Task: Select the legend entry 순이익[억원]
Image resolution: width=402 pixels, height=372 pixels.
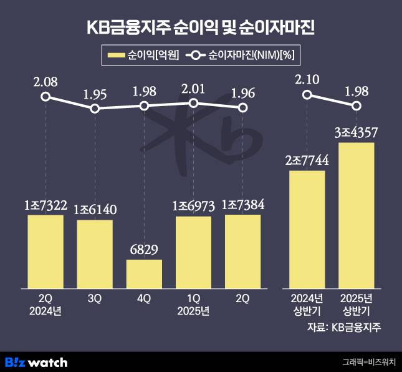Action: click(144, 56)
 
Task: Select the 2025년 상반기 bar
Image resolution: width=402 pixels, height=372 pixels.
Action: click(356, 215)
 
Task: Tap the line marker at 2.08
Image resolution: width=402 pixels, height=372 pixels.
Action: click(45, 96)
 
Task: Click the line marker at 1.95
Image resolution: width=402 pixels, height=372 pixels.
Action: click(95, 109)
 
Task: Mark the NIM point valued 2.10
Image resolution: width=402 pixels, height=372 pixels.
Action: click(307, 95)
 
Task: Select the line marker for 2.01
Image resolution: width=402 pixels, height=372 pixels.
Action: click(193, 103)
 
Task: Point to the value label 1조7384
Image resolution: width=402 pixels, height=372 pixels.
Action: click(243, 205)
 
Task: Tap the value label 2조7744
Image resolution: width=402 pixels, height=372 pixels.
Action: click(307, 160)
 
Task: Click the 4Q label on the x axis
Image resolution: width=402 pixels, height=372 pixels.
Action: click(144, 300)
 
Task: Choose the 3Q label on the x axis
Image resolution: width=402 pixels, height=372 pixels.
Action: click(95, 300)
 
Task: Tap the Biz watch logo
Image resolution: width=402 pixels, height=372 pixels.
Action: click(36, 362)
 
